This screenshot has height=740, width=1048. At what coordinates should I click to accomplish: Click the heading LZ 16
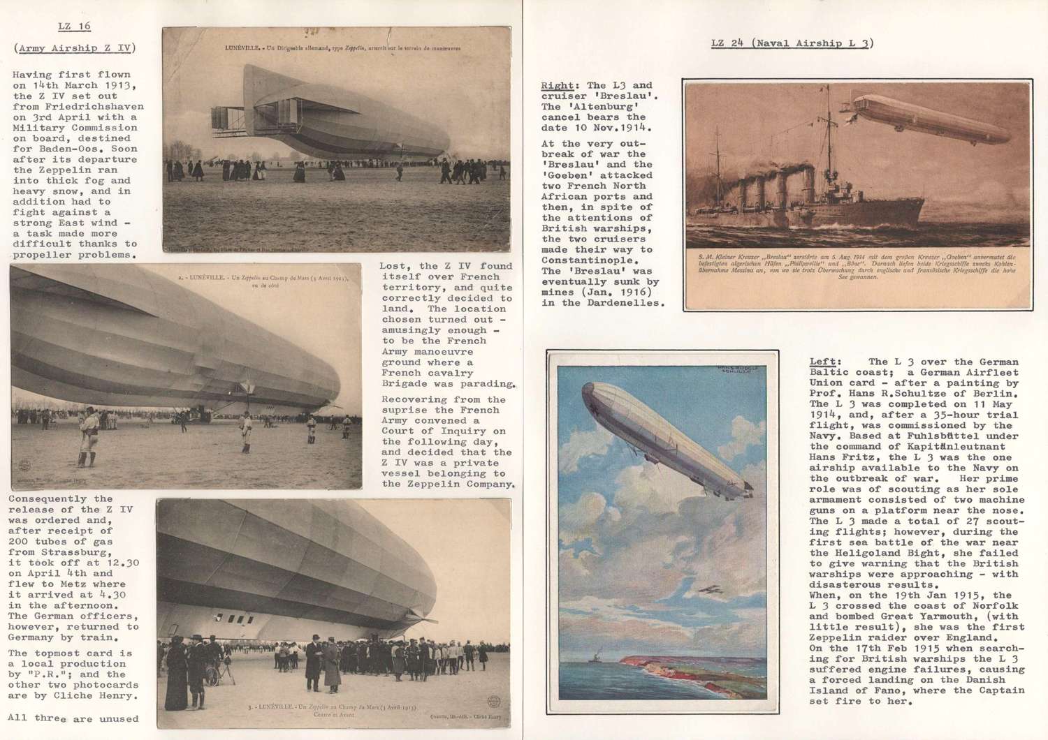pyautogui.click(x=74, y=27)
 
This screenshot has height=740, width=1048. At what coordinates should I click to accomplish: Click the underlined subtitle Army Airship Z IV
pyautogui.click(x=75, y=48)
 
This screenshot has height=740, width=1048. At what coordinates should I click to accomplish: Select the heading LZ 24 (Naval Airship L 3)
pyautogui.click(x=792, y=43)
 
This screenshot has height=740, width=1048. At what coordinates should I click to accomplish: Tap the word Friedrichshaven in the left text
pyautogui.click(x=78, y=107)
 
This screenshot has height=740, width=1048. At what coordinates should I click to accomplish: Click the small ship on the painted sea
pyautogui.click(x=595, y=656)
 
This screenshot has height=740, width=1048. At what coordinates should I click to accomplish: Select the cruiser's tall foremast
pyautogui.click(x=829, y=140)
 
